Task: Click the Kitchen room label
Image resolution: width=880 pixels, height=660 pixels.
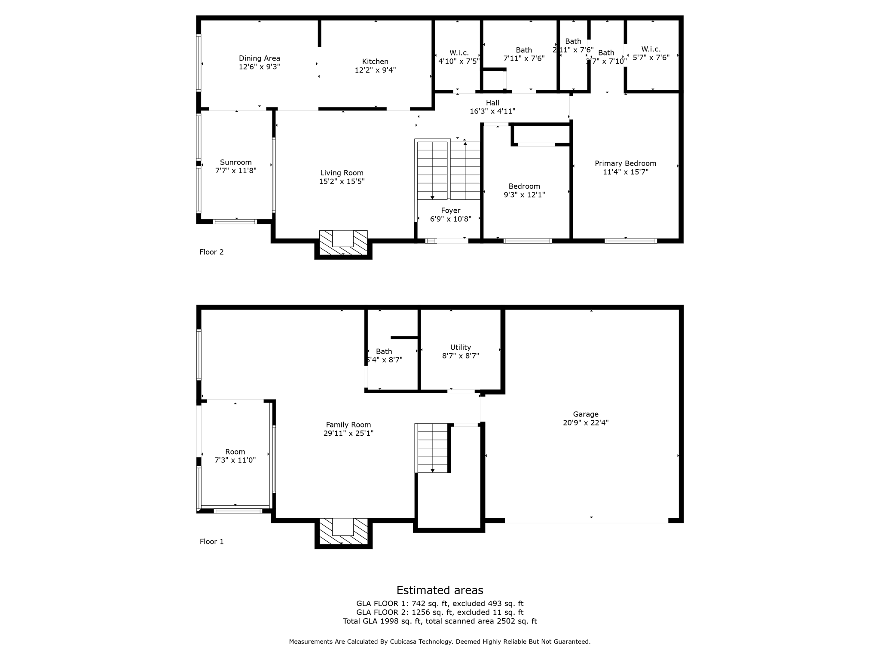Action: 375,62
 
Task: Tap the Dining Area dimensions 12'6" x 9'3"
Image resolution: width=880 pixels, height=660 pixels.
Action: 260,67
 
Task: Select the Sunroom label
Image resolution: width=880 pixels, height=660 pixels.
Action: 235,162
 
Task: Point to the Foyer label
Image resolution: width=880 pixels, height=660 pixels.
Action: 450,211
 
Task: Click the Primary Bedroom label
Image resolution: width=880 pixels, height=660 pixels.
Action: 625,163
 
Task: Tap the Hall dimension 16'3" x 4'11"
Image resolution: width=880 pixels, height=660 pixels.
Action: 492,111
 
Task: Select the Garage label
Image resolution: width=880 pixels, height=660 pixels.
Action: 586,414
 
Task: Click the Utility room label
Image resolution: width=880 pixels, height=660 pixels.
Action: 461,347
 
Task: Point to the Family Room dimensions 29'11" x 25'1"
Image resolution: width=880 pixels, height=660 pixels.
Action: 348,434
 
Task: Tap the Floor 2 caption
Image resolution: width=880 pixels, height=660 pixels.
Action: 211,252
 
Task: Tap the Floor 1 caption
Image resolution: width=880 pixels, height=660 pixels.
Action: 211,541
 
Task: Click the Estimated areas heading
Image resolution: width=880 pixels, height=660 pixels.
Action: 440,590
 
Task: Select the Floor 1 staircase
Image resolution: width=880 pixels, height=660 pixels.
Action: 432,448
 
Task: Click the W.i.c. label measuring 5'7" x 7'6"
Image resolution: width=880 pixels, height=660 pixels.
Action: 651,49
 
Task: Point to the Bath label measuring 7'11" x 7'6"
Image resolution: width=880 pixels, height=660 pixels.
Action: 524,50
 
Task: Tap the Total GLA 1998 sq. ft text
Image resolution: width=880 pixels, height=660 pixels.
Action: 382,621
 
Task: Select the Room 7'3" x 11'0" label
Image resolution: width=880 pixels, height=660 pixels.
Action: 235,452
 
